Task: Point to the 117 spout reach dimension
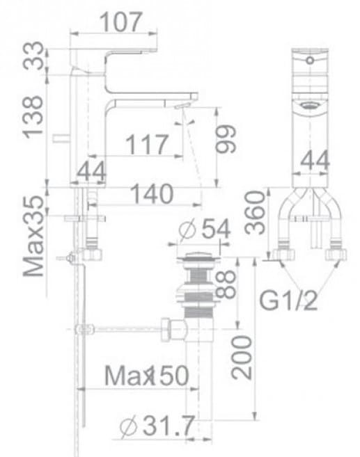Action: pyautogui.click(x=146, y=145)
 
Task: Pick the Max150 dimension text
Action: pyautogui.click(x=147, y=376)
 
